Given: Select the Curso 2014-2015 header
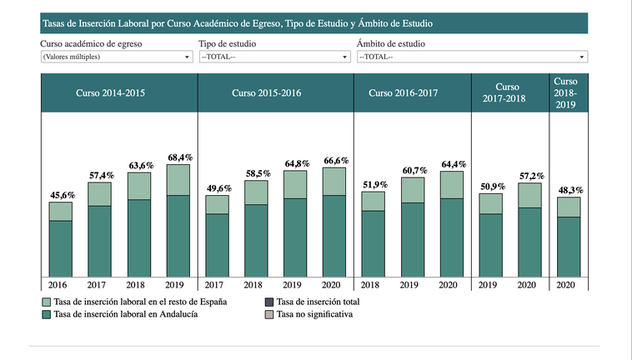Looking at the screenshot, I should [110, 92].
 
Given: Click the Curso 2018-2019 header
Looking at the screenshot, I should [565, 92].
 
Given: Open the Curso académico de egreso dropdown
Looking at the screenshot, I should [116, 57].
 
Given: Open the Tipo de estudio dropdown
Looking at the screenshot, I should [273, 57].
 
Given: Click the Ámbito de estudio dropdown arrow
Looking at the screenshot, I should [582, 57].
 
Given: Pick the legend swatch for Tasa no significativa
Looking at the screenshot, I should [269, 315].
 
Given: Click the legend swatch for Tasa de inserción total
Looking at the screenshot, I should [269, 302].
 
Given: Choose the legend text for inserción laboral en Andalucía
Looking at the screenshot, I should [125, 315].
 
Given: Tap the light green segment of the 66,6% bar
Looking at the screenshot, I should [334, 181].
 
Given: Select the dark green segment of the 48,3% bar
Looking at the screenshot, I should [569, 247].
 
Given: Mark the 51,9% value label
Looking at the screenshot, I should [373, 184].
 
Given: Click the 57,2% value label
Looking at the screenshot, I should [529, 175].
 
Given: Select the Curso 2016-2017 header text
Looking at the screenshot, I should [403, 92].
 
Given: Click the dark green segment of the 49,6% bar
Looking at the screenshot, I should [217, 245].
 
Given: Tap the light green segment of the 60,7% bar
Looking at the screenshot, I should [412, 190].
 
